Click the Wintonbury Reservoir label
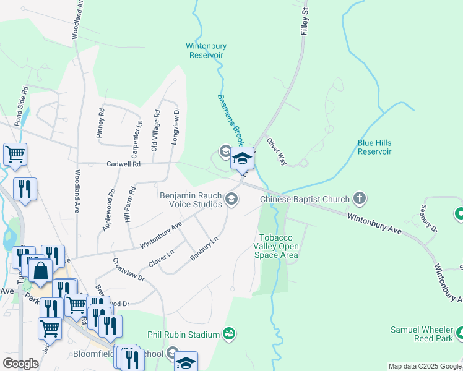pyautogui.click(x=207, y=50)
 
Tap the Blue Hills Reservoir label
pyautogui.click(x=374, y=147)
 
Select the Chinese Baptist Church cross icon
pyautogui.click(x=359, y=199)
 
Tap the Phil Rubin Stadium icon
pyautogui.click(x=230, y=335)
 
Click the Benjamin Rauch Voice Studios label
pyautogui.click(x=191, y=199)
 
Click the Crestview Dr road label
pyautogui.click(x=129, y=270)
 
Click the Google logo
pyautogui.click(x=20, y=364)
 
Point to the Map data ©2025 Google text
pyautogui.click(x=425, y=366)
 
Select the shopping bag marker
pyautogui.click(x=40, y=272)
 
